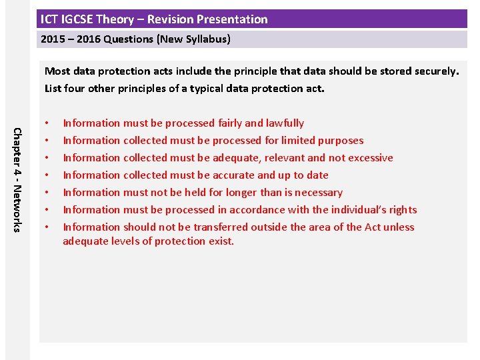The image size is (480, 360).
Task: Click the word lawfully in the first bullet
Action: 285,123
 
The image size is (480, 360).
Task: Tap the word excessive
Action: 369,158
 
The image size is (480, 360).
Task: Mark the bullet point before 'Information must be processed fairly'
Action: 47,123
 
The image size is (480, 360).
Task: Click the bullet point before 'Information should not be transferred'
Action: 47,227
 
